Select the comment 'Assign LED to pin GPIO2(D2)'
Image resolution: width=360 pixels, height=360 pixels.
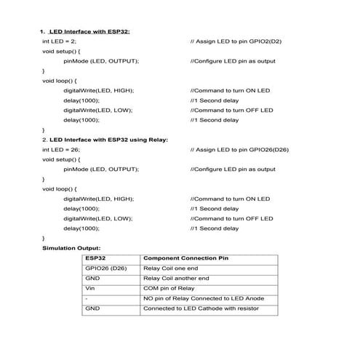pyautogui.click(x=236, y=41)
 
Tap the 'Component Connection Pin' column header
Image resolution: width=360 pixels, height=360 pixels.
pyautogui.click(x=185, y=258)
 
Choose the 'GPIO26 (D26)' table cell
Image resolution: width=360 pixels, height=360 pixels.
pyautogui.click(x=103, y=268)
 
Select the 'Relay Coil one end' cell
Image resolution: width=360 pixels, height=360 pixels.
pyautogui.click(x=171, y=268)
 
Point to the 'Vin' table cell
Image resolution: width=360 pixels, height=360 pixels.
pyautogui.click(x=89, y=289)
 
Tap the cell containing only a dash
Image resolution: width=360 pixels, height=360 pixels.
pyautogui.click(x=87, y=299)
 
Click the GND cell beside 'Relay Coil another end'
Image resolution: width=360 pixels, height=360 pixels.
pyautogui.click(x=92, y=279)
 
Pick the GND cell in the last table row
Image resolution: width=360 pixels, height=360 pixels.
pyautogui.click(x=92, y=309)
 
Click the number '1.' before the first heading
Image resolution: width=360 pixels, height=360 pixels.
pyautogui.click(x=42, y=31)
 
